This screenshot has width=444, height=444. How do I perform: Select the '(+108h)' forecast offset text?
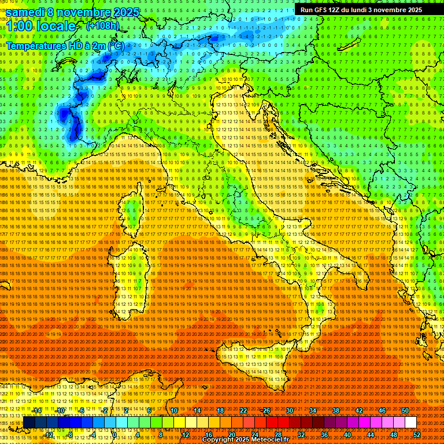pyautogui.click(x=102, y=26)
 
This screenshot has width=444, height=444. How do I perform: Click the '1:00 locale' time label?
pyautogui.click(x=41, y=27)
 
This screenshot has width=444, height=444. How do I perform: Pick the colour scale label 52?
pyautogui.click(x=417, y=435)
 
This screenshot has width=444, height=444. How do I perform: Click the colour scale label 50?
pyautogui.click(x=405, y=410)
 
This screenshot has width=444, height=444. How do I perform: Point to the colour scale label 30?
pyautogui.click(x=290, y=410)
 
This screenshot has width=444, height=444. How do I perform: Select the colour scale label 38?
pyautogui.click(x=336, y=410)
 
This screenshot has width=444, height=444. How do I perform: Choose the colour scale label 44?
pyautogui.click(x=371, y=435)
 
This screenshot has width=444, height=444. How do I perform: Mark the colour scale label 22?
pyautogui.click(x=243, y=410)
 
